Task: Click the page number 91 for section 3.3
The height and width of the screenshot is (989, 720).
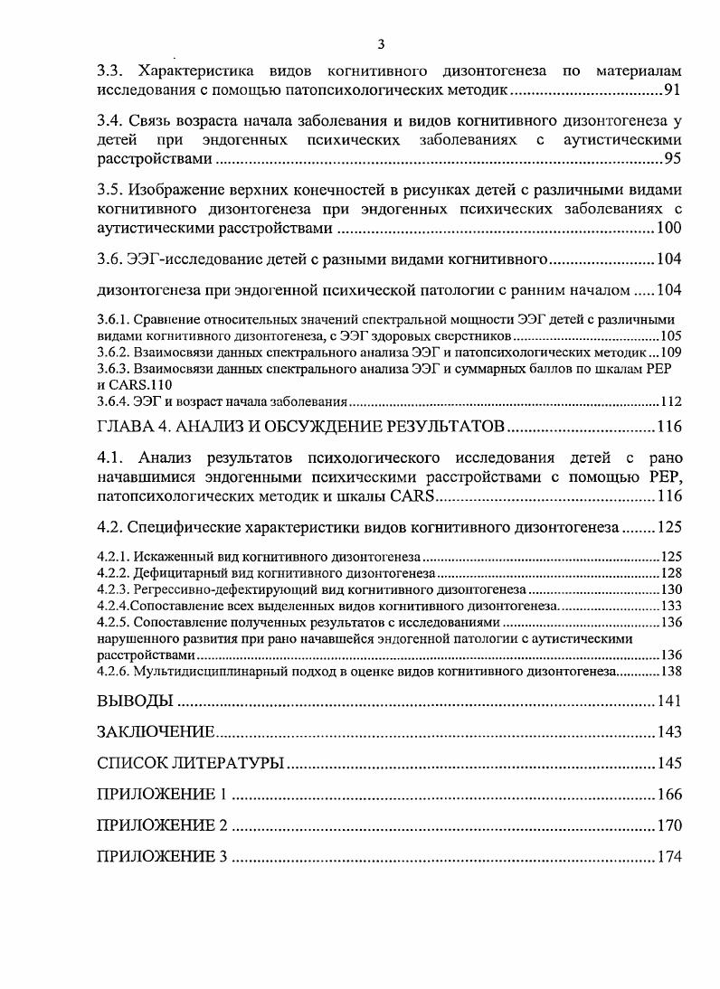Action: tap(672, 90)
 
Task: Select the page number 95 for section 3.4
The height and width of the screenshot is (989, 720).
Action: tap(672, 159)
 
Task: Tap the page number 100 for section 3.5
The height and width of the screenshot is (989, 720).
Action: tap(669, 228)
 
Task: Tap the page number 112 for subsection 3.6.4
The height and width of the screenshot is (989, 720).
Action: tap(670, 402)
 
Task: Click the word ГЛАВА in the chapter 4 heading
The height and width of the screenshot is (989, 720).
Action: tap(127, 426)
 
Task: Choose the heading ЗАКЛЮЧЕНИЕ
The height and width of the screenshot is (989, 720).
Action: tap(156, 732)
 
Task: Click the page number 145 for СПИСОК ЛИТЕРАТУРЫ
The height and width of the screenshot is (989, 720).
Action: tap(669, 764)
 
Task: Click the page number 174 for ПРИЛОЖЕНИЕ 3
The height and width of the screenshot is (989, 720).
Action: tap(669, 857)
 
